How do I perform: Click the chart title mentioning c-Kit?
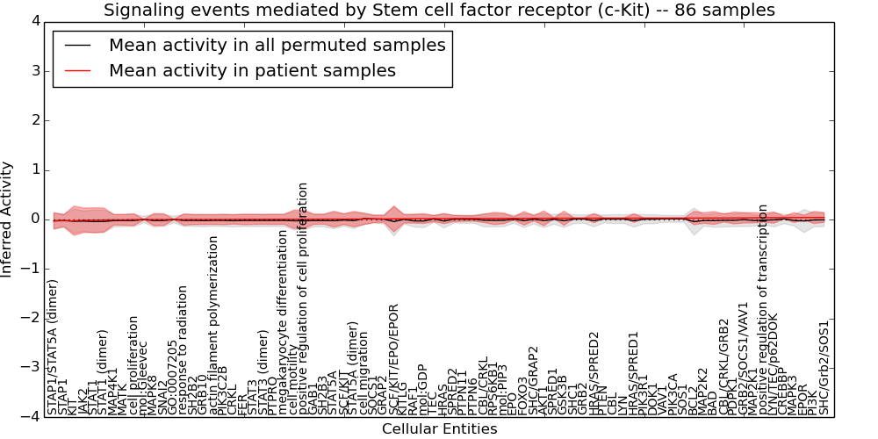click(x=439, y=11)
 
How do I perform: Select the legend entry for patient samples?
click(x=252, y=70)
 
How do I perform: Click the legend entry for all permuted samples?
click(x=277, y=45)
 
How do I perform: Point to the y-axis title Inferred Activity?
click(x=8, y=219)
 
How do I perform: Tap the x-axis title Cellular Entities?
click(x=439, y=429)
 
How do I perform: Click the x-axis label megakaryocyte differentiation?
click(x=283, y=322)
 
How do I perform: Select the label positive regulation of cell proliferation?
click(x=304, y=299)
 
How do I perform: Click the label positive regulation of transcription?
click(x=763, y=309)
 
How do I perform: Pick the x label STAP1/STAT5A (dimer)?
click(x=54, y=347)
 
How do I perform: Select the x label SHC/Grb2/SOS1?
click(x=824, y=366)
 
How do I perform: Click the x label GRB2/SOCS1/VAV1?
click(x=743, y=358)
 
